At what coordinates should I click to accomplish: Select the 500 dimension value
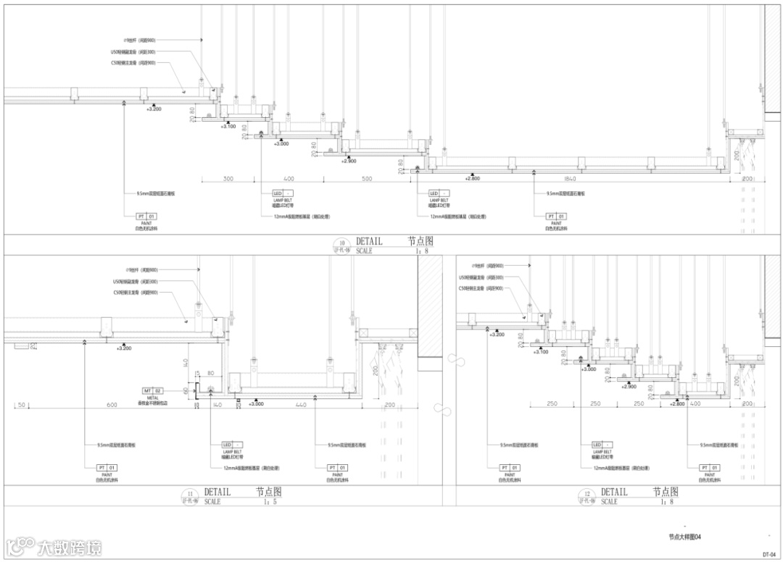tap(367, 178)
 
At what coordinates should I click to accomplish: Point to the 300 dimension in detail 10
tap(228, 178)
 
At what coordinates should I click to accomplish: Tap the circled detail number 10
tap(342, 243)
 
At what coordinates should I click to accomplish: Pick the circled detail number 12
tap(588, 493)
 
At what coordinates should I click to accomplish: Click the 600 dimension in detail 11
tap(112, 404)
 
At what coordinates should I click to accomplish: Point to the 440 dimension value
tap(301, 404)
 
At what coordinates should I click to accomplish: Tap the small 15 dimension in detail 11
tap(196, 374)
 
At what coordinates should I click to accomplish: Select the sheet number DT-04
tap(769, 554)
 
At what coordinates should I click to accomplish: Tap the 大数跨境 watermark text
tap(70, 548)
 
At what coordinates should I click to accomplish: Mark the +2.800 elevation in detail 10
tap(473, 178)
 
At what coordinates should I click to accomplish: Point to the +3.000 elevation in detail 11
tap(255, 403)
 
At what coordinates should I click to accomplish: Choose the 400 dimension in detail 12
tap(696, 404)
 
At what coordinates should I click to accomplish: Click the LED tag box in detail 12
tap(598, 445)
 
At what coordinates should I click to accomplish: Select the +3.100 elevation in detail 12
tap(541, 352)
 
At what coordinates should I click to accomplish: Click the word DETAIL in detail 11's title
tap(217, 492)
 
